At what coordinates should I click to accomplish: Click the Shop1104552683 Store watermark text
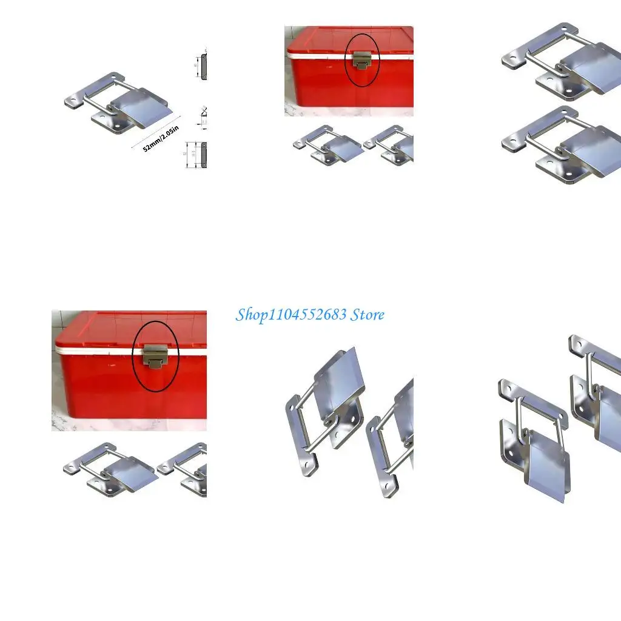pos(309,315)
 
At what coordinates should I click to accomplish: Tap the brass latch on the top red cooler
pos(362,61)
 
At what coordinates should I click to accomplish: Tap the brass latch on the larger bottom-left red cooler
pos(155,354)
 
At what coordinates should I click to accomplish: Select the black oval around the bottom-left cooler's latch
pos(135,364)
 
